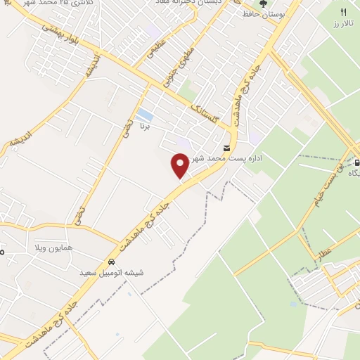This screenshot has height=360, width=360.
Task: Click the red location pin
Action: click(x=181, y=165)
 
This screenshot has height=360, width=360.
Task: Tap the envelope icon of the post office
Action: click(x=226, y=148)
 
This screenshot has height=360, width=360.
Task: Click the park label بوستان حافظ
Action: click(x=263, y=14)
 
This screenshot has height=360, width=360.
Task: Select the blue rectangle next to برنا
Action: click(x=145, y=114)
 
